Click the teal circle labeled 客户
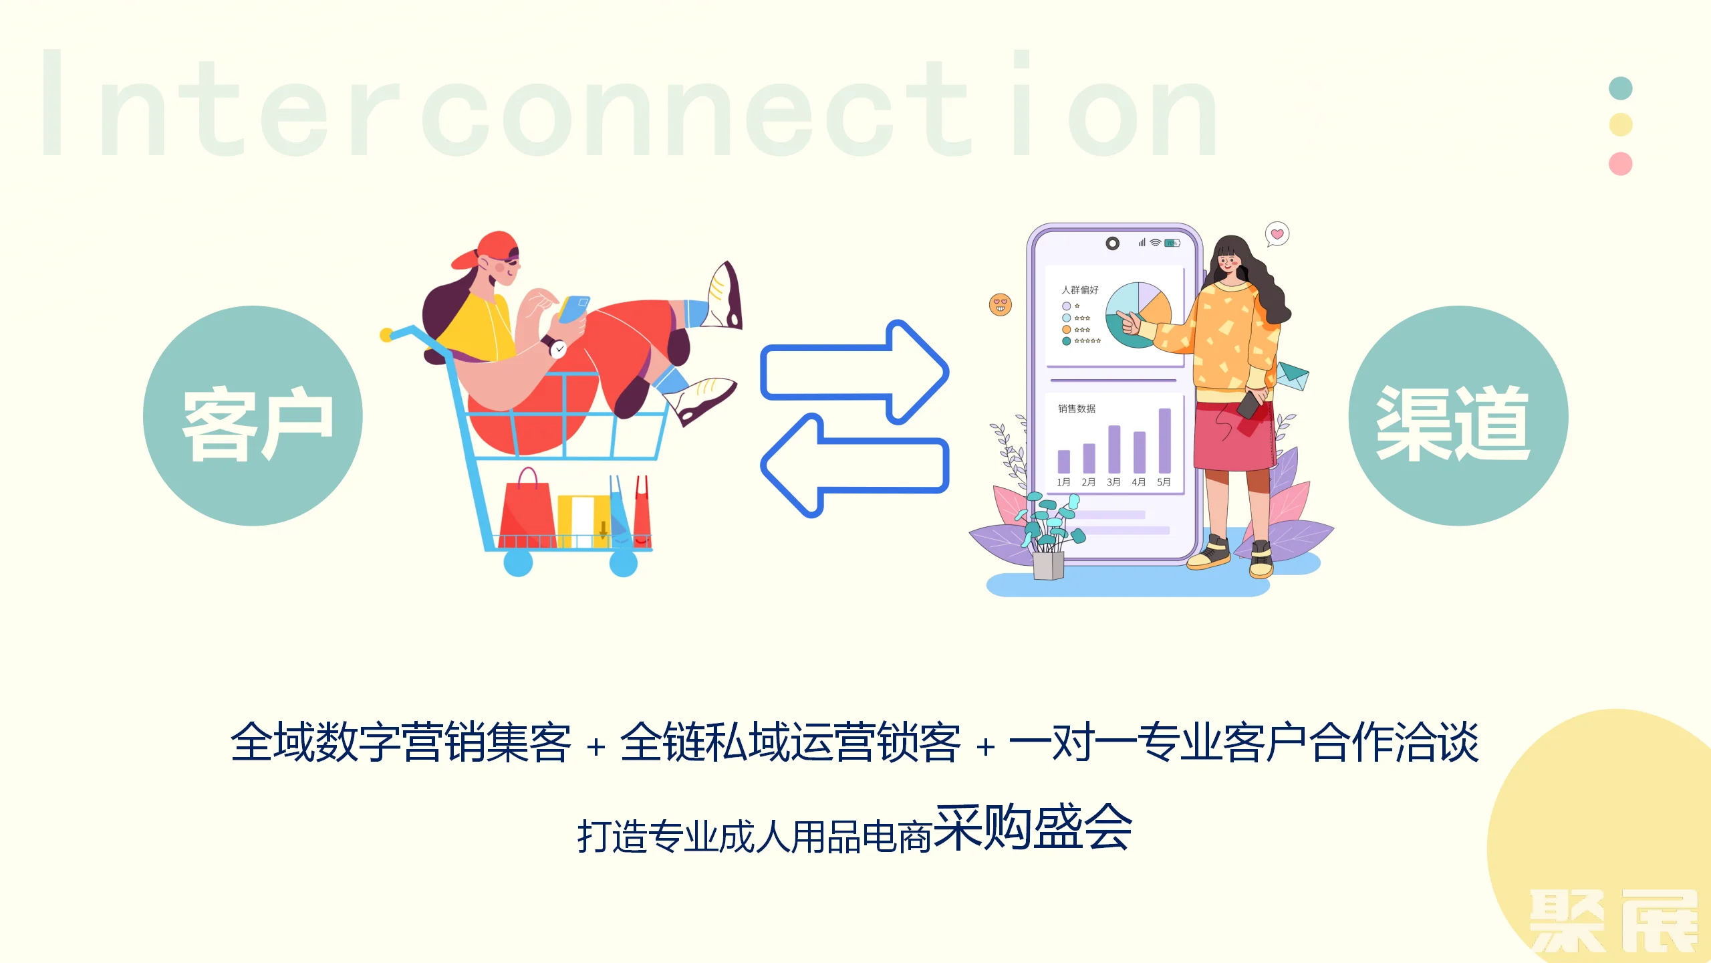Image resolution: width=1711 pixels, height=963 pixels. tap(253, 416)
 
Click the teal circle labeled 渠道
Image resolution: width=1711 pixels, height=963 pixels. tap(1458, 416)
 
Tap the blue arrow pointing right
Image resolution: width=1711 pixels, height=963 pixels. tap(855, 372)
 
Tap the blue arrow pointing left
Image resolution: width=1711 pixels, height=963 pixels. tap(855, 465)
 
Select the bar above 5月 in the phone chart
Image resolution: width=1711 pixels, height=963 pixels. tap(1164, 441)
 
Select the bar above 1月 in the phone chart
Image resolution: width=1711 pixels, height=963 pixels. tap(1063, 461)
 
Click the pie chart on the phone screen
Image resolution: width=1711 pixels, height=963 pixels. tap(1138, 315)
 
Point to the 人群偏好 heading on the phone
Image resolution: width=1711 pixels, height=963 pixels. tap(1079, 290)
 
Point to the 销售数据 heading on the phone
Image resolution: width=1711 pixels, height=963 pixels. tap(1076, 408)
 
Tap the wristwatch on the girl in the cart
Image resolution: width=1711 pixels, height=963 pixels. tap(556, 347)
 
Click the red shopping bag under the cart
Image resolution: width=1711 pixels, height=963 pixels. tap(527, 510)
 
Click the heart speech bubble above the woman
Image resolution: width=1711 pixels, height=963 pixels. tap(1277, 234)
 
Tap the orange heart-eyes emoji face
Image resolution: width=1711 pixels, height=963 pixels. tap(1000, 304)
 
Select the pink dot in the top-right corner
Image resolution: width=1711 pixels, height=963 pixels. tap(1620, 163)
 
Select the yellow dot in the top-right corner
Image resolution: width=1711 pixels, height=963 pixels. tap(1620, 124)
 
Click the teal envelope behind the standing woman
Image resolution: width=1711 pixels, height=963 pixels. tap(1293, 376)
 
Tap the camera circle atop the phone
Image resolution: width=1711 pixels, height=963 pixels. tap(1112, 243)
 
